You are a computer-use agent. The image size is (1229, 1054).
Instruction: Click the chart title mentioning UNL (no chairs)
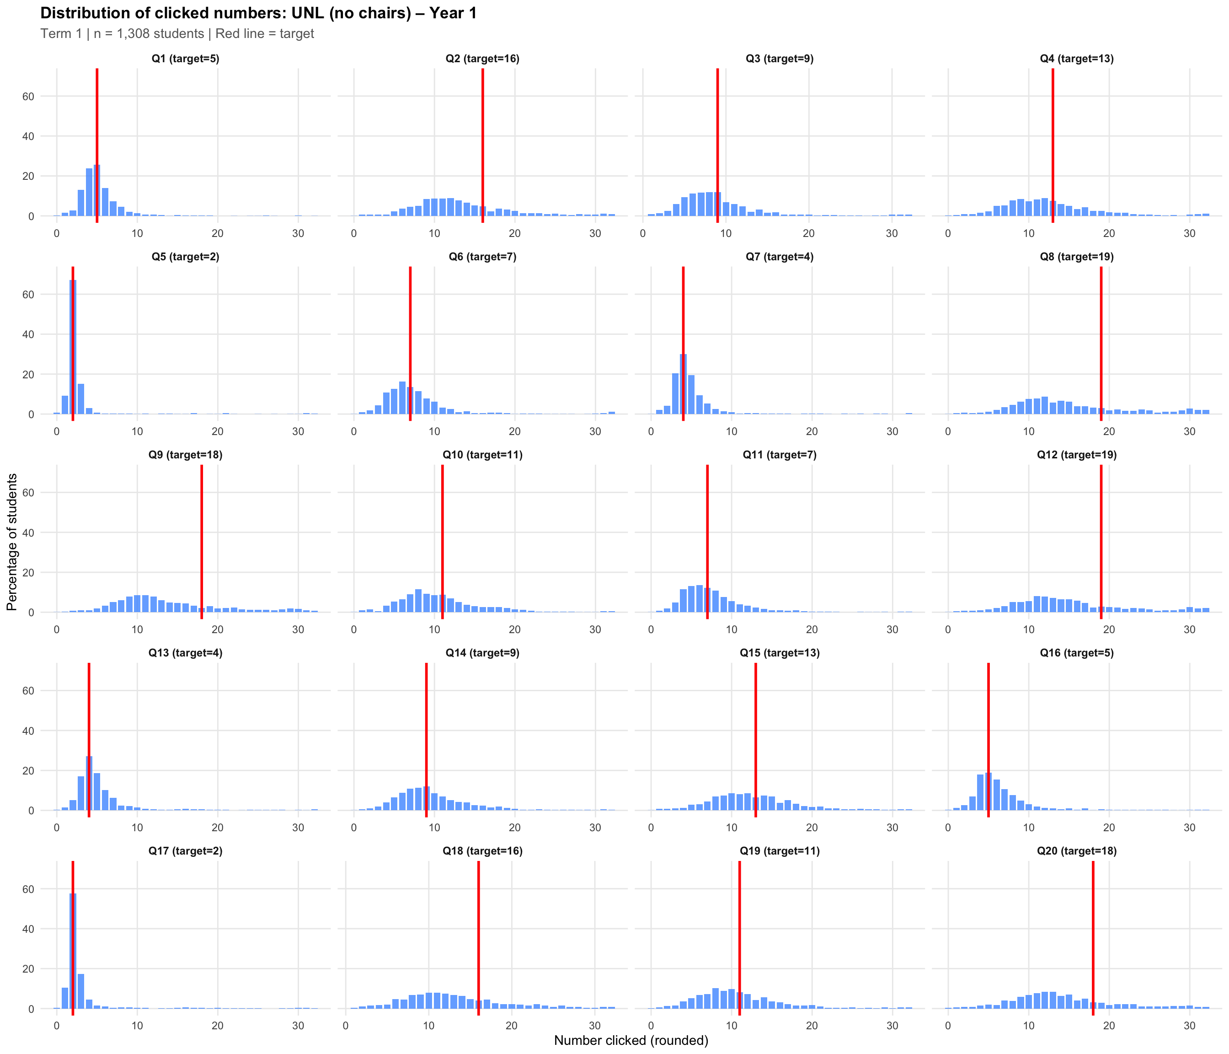[258, 13]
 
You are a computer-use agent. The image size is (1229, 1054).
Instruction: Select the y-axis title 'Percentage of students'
[12, 542]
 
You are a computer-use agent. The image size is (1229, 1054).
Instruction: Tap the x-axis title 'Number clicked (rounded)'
[631, 1040]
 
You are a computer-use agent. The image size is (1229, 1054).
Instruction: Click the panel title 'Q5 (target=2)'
[185, 257]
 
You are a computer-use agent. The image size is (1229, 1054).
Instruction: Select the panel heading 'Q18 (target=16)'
[482, 851]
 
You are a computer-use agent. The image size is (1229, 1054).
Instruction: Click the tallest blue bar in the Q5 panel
[73, 347]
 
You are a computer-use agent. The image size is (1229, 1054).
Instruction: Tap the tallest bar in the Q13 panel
[89, 783]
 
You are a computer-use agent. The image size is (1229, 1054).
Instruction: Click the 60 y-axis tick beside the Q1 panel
[28, 96]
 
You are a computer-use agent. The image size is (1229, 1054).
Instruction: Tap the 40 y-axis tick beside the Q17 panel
[28, 929]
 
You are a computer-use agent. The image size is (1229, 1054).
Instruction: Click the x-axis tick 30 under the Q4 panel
[1189, 234]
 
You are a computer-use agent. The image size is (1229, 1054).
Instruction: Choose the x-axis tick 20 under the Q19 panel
[812, 1026]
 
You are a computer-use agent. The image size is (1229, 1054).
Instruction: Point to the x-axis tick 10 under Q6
[434, 432]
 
